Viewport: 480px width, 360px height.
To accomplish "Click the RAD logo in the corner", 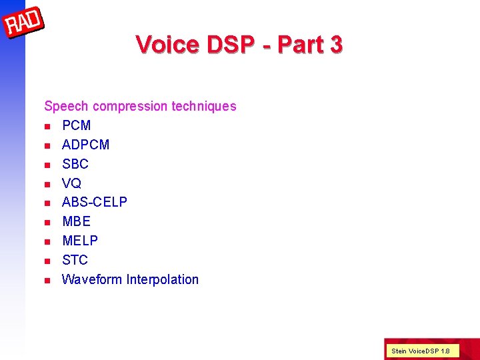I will tap(24, 25).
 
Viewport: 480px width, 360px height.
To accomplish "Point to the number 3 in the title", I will tap(335, 45).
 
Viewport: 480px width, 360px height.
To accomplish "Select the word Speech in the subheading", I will tap(67, 106).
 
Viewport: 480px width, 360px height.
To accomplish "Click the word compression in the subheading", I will tap(131, 106).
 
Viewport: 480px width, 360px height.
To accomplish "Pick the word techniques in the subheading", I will tap(204, 106).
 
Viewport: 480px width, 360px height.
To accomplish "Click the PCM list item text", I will tap(76, 125).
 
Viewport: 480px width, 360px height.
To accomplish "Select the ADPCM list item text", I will tap(85, 145).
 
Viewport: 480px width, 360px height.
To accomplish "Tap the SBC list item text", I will tap(75, 164).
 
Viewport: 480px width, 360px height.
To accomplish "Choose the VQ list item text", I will tap(71, 183).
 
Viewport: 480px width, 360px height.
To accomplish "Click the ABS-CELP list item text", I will tap(94, 202).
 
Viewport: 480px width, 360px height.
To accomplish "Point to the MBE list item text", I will tap(76, 221).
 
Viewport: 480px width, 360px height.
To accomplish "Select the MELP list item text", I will tap(79, 241).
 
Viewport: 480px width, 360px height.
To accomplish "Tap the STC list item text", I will tap(75, 260).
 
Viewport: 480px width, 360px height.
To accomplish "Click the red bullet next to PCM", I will tap(47, 126).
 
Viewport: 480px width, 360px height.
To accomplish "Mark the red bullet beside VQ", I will tap(47, 184).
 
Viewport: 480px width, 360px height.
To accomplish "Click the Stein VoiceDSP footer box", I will tap(421, 350).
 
